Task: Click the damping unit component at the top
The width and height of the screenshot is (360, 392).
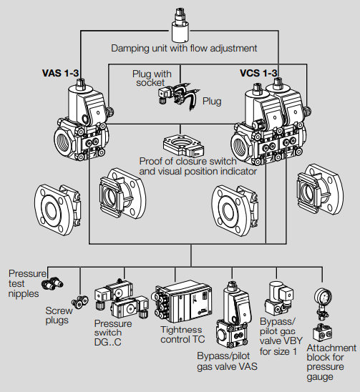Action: pyautogui.click(x=180, y=25)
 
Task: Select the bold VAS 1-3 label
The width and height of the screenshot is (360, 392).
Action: pyautogui.click(x=60, y=73)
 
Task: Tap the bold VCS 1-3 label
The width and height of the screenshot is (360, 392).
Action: pyautogui.click(x=258, y=73)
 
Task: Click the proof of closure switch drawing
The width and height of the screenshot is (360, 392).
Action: pyautogui.click(x=183, y=146)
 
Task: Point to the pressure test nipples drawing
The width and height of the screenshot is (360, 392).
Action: pyautogui.click(x=52, y=283)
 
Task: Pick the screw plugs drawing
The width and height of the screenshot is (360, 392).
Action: pyautogui.click(x=80, y=301)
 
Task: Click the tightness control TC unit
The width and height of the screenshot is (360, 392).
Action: pyautogui.click(x=182, y=302)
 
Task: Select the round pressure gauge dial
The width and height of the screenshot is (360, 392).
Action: pyautogui.click(x=323, y=296)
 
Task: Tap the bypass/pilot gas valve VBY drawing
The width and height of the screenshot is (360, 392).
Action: pyautogui.click(x=278, y=298)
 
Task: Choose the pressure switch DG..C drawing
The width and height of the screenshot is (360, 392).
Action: pyautogui.click(x=122, y=298)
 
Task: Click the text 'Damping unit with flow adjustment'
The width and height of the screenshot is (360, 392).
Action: pyautogui.click(x=184, y=48)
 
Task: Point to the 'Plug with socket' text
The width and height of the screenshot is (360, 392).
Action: pyautogui.click(x=152, y=78)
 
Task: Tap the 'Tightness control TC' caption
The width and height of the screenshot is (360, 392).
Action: pyautogui.click(x=183, y=335)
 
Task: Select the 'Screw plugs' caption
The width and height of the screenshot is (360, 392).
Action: pyautogui.click(x=59, y=315)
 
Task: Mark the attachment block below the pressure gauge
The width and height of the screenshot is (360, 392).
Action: pyautogui.click(x=323, y=331)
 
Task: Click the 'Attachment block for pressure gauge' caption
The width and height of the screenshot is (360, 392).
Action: pyautogui.click(x=331, y=362)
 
